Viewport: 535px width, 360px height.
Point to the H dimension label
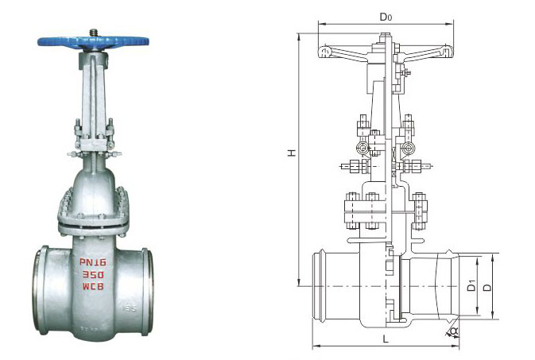(x=293, y=155)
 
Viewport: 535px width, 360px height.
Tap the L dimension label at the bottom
(x=385, y=339)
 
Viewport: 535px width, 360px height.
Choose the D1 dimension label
(x=471, y=284)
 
